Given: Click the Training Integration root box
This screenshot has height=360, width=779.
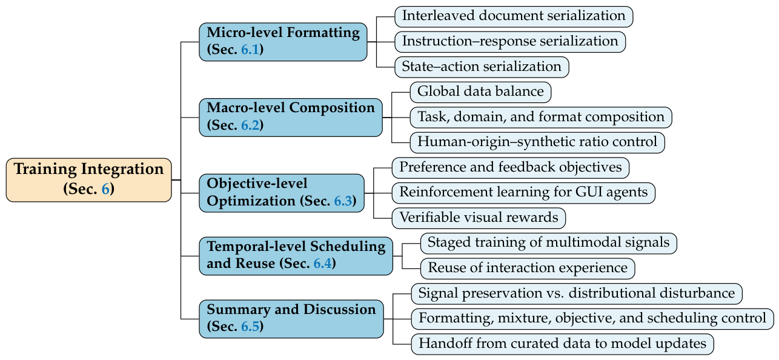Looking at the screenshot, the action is coord(88,180).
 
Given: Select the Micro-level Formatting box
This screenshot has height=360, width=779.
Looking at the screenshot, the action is coord(283,42).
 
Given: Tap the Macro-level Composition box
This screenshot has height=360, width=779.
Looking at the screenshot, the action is coord(291,117).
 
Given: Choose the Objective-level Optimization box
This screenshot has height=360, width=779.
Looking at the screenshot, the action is coord(282,193).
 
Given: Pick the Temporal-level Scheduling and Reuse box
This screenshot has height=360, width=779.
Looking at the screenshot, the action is coord(296,256).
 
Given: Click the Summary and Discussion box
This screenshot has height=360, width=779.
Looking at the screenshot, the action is coord(291,319).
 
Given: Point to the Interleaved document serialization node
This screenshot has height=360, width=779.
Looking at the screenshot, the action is coord(514,16).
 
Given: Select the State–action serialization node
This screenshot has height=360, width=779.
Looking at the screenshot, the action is coord(482,67).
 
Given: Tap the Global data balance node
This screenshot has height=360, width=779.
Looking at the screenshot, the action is coord(480,92).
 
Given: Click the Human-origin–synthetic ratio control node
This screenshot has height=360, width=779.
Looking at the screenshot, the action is coord(537,142).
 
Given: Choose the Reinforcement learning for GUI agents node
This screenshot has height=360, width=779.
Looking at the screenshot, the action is coord(523,193).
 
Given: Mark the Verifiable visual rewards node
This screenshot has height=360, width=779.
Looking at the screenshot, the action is coord(479,218).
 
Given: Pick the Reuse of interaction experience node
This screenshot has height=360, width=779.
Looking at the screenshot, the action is coord(528,268).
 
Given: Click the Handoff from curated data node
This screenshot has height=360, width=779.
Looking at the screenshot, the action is coord(562,344).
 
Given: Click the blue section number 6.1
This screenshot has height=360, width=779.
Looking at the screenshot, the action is coord(250,50).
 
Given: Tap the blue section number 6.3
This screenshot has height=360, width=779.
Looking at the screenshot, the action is coord(343,201).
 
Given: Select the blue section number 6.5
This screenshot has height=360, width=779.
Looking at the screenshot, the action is coord(250,327).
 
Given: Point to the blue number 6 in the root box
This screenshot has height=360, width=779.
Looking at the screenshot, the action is coord(106,189).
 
